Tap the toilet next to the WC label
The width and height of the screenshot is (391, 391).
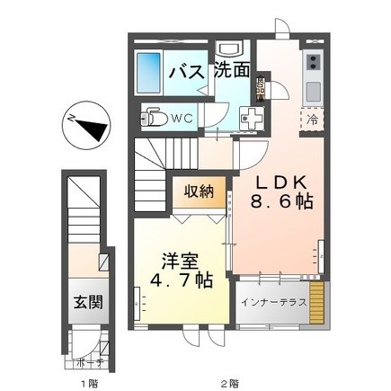point(156,117)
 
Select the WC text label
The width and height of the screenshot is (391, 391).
point(182,118)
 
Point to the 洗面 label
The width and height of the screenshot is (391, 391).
point(232,71)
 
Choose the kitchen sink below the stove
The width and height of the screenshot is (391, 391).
point(314,91)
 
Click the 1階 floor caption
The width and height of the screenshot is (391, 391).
point(87,382)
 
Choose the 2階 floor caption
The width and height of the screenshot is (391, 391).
point(231,382)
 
